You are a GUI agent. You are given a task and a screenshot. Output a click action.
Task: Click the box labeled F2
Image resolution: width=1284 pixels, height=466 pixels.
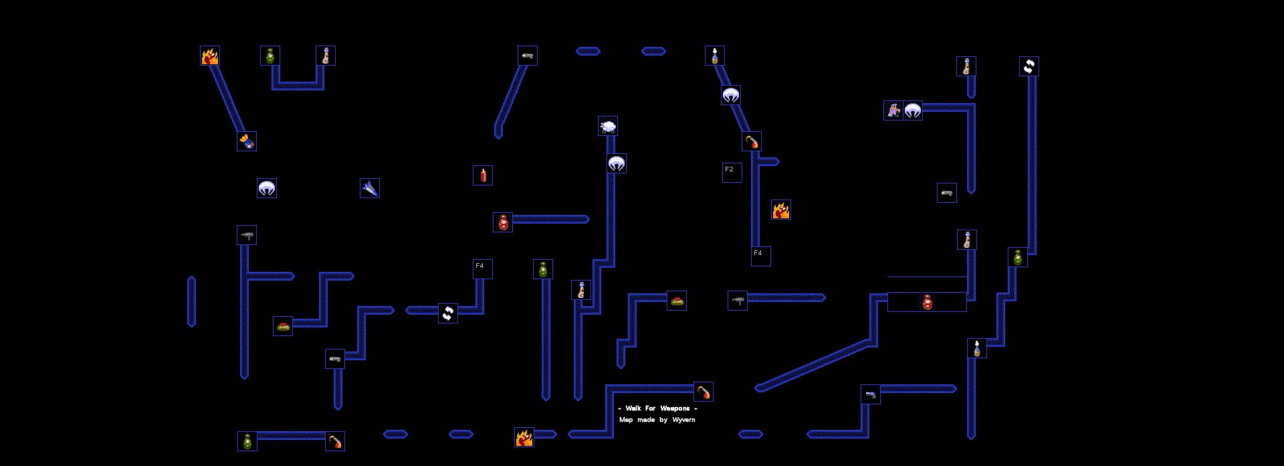point(732,173)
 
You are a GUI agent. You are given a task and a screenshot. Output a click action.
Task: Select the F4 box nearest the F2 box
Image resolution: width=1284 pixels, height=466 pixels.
point(761,256)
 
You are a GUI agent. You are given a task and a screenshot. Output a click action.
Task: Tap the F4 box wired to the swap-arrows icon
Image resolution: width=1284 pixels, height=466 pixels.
point(483,269)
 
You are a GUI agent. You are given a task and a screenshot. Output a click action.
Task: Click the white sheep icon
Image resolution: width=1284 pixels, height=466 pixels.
point(608,126)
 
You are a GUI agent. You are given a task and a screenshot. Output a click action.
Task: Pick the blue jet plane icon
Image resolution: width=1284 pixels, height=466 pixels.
point(370,188)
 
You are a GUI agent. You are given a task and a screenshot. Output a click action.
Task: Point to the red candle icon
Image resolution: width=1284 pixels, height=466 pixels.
point(483,175)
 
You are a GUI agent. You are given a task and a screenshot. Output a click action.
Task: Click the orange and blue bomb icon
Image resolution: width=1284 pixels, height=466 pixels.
point(247,141)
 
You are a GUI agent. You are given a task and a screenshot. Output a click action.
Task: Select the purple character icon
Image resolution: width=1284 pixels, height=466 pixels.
point(893,110)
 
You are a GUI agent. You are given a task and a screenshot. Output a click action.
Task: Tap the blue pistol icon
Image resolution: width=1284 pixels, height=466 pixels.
point(871,394)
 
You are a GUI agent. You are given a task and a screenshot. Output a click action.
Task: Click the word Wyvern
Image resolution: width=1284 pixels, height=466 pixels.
point(683,420)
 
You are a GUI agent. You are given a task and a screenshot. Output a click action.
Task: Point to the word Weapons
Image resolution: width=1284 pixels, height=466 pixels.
point(675,408)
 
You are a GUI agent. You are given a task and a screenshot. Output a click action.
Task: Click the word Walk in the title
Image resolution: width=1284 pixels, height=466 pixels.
point(633,408)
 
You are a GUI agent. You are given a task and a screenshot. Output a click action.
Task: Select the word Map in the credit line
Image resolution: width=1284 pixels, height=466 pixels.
point(626,420)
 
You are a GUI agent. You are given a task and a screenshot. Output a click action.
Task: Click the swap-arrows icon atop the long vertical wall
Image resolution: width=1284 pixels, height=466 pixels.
point(1029,66)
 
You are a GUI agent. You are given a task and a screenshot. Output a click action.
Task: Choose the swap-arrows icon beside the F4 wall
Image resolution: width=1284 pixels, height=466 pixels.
point(448,313)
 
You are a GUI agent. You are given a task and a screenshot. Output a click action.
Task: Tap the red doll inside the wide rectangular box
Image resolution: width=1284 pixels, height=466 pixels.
point(928,302)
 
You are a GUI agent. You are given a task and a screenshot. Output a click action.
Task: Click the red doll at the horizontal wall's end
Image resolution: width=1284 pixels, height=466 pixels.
point(503,222)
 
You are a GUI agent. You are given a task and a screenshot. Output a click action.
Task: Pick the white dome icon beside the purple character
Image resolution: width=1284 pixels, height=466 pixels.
point(913,110)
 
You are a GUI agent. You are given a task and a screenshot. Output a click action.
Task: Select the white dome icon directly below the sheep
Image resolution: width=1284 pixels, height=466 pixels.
point(617,163)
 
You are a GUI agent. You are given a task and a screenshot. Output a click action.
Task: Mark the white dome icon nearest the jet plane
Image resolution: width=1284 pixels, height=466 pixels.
point(267,188)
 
